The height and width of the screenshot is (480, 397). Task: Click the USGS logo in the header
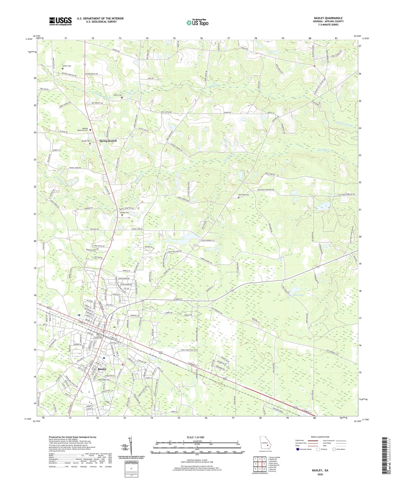point(60,21)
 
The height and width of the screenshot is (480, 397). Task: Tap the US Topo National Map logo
point(197,23)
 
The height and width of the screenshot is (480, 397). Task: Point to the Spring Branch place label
point(108,141)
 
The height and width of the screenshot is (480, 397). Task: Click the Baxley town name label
point(102,369)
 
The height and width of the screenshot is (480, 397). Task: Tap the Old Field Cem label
point(243,195)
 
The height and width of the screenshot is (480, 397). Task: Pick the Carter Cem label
point(118,95)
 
